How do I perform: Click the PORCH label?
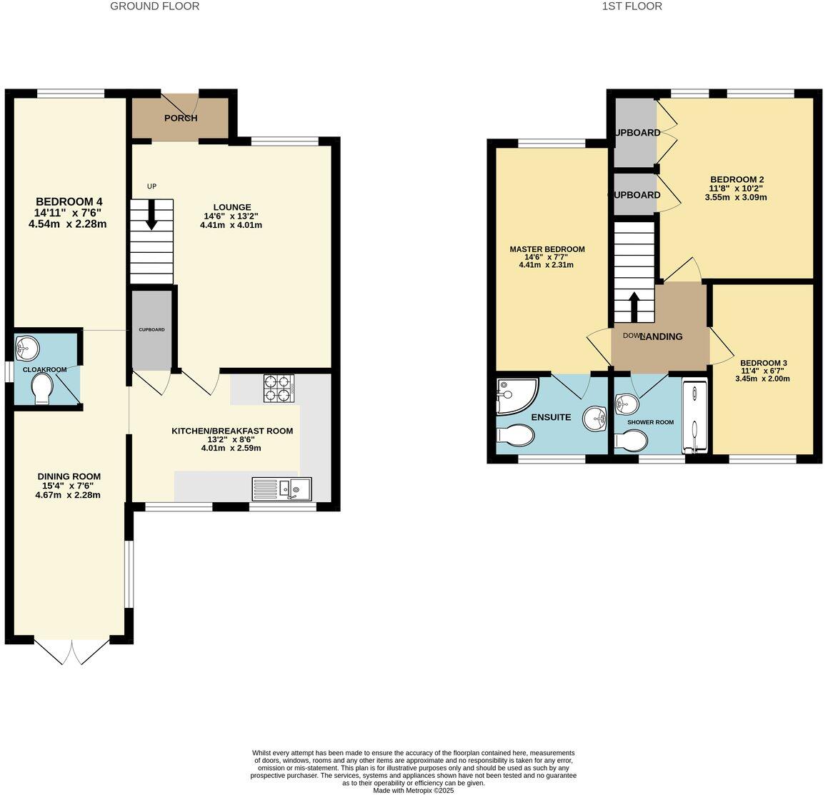tap(180, 118)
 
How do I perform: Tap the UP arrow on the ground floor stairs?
tap(151, 214)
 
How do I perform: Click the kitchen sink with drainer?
tap(281, 489)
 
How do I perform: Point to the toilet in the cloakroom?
tap(42, 390)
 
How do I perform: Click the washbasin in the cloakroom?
tap(28, 349)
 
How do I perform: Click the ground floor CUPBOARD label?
tap(151, 329)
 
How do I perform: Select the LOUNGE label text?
tap(231, 207)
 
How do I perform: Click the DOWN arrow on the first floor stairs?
tap(633, 307)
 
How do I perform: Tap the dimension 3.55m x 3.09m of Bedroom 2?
tap(737, 197)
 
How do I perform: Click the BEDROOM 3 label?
tap(763, 363)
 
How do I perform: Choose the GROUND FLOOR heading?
tap(155, 6)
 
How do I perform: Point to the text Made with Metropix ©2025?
tap(413, 790)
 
